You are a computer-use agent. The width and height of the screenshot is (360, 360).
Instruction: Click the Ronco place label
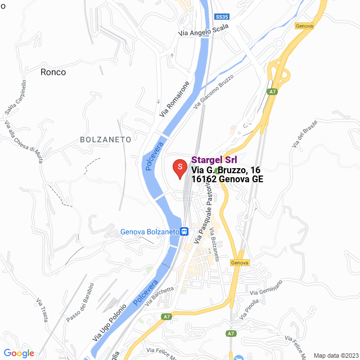(x=53, y=72)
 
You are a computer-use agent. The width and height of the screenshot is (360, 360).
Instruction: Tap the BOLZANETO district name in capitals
(x=106, y=139)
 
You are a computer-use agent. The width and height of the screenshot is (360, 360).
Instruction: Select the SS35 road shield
(x=222, y=17)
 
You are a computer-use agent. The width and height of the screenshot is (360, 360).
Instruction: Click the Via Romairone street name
(x=172, y=99)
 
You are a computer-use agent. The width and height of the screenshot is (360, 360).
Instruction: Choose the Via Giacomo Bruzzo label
(x=213, y=91)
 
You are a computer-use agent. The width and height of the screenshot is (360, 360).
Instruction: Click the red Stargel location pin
(x=179, y=168)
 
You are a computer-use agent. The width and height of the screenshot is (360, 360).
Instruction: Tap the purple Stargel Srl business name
(x=214, y=160)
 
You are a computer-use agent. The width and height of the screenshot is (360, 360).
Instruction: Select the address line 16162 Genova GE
(x=227, y=179)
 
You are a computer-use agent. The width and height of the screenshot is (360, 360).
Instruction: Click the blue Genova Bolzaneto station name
(x=150, y=232)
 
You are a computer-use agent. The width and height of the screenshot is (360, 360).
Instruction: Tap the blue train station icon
(x=184, y=231)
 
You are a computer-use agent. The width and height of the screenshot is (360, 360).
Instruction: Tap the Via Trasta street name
(x=42, y=309)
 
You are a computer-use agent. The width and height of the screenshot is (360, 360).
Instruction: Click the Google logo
(x=19, y=353)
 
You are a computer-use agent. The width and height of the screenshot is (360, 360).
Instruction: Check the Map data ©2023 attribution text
(x=335, y=355)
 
